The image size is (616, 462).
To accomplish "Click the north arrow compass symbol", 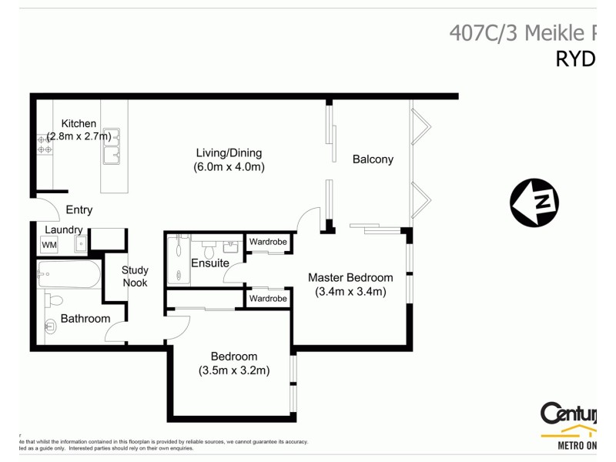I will click(534, 203).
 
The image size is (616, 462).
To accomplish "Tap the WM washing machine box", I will click(49, 245).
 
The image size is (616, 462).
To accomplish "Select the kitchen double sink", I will click(112, 146).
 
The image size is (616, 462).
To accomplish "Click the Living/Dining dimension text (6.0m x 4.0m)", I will click(229, 166).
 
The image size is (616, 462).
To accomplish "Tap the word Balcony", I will click(373, 159).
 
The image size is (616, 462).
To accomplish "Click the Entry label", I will click(79, 209).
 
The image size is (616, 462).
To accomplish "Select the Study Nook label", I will click(135, 276).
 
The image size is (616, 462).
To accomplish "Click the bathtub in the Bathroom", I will click(69, 273).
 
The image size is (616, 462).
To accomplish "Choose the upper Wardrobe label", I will click(268, 242).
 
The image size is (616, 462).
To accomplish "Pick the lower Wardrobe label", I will click(268, 298).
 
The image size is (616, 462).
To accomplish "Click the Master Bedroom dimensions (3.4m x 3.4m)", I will click(350, 292).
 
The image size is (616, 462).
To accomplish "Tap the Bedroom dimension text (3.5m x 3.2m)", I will click(233, 370).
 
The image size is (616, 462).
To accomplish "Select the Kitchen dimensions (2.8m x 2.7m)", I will click(79, 136).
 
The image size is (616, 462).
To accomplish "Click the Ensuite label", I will click(210, 263).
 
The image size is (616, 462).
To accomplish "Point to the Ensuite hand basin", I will click(230, 246).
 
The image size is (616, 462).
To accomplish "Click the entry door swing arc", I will click(48, 208).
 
